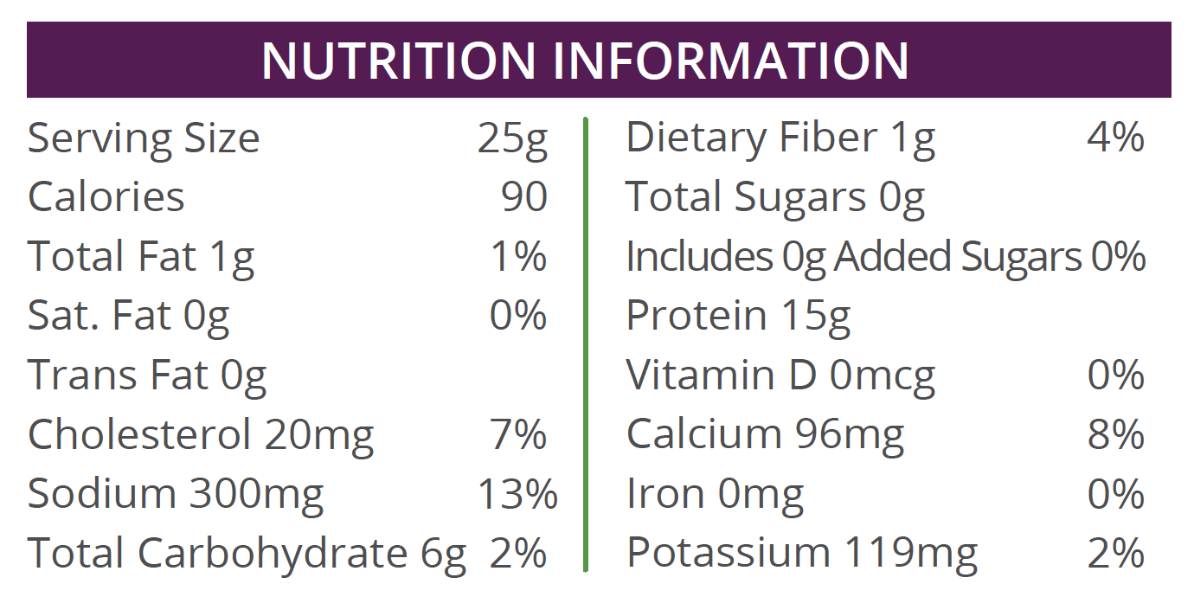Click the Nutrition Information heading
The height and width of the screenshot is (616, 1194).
(x=585, y=60)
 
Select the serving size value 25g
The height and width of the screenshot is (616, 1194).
(x=512, y=139)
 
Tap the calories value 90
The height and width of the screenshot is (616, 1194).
(x=524, y=197)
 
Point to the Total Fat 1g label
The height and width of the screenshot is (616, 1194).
(x=141, y=257)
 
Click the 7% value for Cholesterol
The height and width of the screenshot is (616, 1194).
(x=518, y=434)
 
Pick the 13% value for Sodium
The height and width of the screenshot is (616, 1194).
(x=517, y=494)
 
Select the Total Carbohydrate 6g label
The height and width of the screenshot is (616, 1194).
(x=247, y=554)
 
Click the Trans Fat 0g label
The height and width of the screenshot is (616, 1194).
(x=147, y=375)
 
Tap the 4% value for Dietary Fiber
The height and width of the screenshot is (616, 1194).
(x=1116, y=138)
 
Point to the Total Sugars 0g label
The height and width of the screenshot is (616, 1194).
(x=775, y=197)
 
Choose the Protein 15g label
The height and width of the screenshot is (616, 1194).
(x=738, y=317)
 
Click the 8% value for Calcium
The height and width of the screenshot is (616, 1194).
(x=1116, y=434)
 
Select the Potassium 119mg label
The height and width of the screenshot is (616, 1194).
(x=802, y=553)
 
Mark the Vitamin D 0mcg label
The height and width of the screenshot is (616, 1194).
(x=780, y=375)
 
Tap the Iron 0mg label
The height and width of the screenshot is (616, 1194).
(x=715, y=494)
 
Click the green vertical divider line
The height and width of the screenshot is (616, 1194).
(x=586, y=346)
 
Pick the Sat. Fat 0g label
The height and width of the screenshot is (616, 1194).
(x=128, y=317)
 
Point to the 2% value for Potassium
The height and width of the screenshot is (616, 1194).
(x=1116, y=553)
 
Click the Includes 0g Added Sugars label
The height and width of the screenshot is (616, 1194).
(x=853, y=257)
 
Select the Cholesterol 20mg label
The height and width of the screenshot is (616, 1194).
(x=201, y=434)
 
